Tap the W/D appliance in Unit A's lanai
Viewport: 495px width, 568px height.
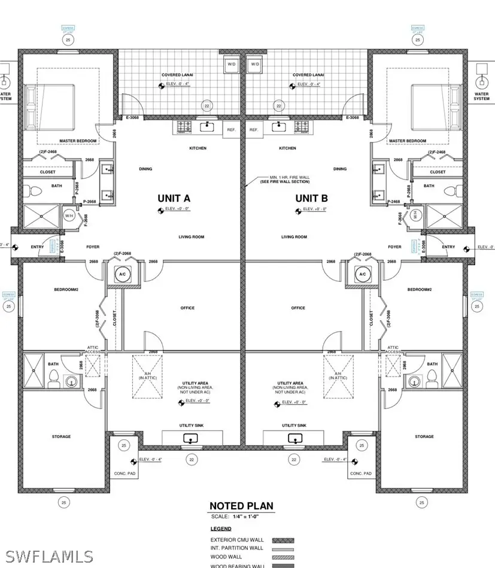coord(232,64)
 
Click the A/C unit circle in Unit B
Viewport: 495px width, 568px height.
coord(362,274)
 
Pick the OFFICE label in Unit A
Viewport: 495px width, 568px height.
coord(187,308)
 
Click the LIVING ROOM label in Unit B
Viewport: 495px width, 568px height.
coord(294,237)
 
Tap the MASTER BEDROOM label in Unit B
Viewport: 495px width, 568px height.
coord(408,141)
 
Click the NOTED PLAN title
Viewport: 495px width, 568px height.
coord(241,506)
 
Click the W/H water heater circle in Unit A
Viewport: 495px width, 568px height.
coord(69,216)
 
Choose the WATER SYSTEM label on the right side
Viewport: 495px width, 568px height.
coord(481,96)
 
